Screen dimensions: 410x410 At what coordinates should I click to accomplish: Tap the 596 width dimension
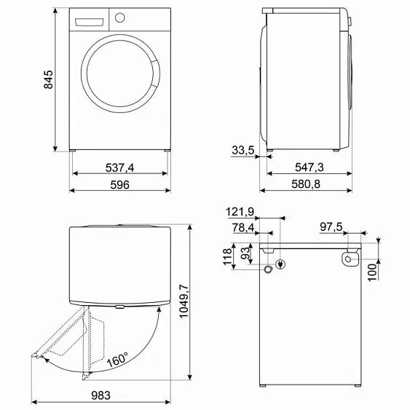[120, 186]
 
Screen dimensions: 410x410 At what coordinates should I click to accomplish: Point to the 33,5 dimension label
[243, 151]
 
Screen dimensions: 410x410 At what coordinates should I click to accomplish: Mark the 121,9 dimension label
[240, 212]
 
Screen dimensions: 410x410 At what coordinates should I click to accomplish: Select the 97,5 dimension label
[332, 228]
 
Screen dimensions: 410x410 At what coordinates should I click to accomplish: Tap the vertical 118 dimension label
[227, 257]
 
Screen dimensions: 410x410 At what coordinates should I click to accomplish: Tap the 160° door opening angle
[117, 359]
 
